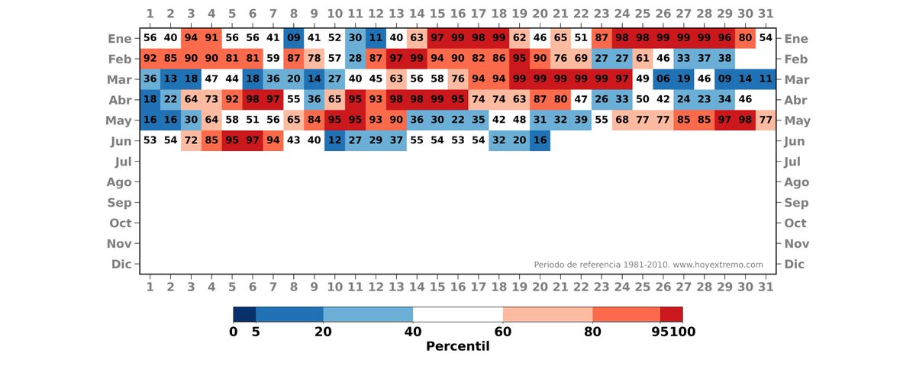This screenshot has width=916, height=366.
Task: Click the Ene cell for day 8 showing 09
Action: pyautogui.click(x=294, y=38)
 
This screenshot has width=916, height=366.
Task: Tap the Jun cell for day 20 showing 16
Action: pyautogui.click(x=540, y=141)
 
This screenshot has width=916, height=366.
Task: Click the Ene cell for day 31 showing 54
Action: pyautogui.click(x=766, y=38)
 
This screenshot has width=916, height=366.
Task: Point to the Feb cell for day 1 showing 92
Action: pyautogui.click(x=150, y=59)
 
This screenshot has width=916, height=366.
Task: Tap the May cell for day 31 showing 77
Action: pyautogui.click(x=766, y=120)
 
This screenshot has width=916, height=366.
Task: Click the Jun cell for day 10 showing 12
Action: pyautogui.click(x=334, y=141)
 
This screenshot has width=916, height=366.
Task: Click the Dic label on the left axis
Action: pyautogui.click(x=121, y=265)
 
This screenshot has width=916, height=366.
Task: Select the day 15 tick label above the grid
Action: pyautogui.click(x=437, y=14)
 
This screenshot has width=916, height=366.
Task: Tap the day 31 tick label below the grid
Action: pyautogui.click(x=766, y=287)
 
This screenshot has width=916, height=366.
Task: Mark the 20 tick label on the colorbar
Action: pyautogui.click(x=323, y=332)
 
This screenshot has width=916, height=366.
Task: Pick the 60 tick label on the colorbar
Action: pyautogui.click(x=503, y=332)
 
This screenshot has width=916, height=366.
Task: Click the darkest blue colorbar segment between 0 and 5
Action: pyautogui.click(x=244, y=314)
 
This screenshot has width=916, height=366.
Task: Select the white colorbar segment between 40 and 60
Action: pyautogui.click(x=458, y=314)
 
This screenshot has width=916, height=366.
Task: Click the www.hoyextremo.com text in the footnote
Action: pyautogui.click(x=718, y=265)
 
